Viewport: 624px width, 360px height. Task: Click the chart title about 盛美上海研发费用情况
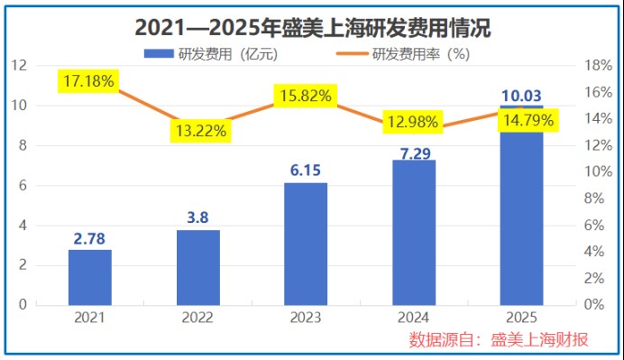(312, 28)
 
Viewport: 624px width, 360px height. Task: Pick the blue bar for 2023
(306, 244)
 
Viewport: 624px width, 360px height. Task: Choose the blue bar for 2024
(414, 232)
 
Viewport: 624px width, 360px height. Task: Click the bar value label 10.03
(522, 97)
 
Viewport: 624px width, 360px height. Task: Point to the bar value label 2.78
(90, 238)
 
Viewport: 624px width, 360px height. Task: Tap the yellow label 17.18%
(88, 81)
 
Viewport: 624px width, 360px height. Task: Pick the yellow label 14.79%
(528, 119)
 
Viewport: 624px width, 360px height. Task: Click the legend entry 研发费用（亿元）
(211, 53)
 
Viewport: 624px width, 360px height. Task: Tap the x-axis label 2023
(306, 318)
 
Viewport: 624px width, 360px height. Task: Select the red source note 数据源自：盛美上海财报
(499, 339)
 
